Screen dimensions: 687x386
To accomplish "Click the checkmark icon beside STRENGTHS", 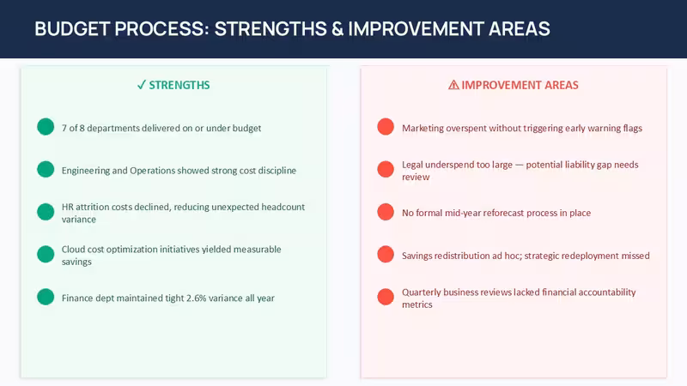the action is coord(141,85).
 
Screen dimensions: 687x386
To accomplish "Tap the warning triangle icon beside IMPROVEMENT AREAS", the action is coord(453,85).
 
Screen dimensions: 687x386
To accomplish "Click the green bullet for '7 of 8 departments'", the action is coord(46,127).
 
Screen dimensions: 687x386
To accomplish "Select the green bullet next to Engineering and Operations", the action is coord(46,169).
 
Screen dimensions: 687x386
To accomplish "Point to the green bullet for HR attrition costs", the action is coord(46,212).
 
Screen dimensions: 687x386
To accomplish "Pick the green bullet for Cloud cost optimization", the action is coord(46,254).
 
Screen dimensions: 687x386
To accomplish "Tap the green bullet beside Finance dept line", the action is coord(46,297).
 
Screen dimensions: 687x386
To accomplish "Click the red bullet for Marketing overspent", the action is coord(386,127).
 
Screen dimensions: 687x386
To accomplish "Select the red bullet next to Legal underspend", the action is coord(386,169).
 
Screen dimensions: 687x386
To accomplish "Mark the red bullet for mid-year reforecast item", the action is coord(386,212).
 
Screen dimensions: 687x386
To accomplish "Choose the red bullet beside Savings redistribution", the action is coord(386,254).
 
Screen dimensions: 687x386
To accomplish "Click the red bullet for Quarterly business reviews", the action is coord(386,297).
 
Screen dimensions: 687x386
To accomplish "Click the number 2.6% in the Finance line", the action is coord(196,298).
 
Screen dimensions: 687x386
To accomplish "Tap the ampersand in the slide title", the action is coord(337,29).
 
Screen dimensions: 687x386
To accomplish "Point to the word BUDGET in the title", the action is coord(72,29).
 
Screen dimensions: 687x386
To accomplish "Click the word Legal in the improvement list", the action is coord(412,165).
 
